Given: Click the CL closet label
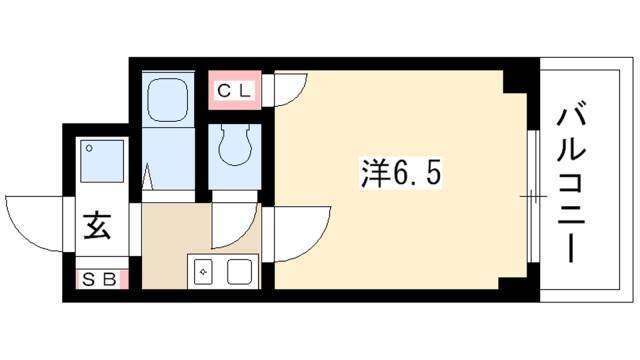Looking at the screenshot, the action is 234,90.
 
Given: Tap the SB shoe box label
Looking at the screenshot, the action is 100,280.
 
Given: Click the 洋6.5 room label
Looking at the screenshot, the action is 401,174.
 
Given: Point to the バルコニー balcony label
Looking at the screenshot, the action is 571,186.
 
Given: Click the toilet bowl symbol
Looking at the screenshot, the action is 235,144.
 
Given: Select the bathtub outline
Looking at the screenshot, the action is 167,100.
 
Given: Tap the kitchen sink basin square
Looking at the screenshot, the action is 240,272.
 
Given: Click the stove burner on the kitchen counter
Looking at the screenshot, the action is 202,272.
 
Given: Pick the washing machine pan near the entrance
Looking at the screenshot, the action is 102,161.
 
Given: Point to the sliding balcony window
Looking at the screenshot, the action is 531,196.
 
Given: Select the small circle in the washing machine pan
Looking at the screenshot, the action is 89,148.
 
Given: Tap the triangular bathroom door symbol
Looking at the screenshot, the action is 147,177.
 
